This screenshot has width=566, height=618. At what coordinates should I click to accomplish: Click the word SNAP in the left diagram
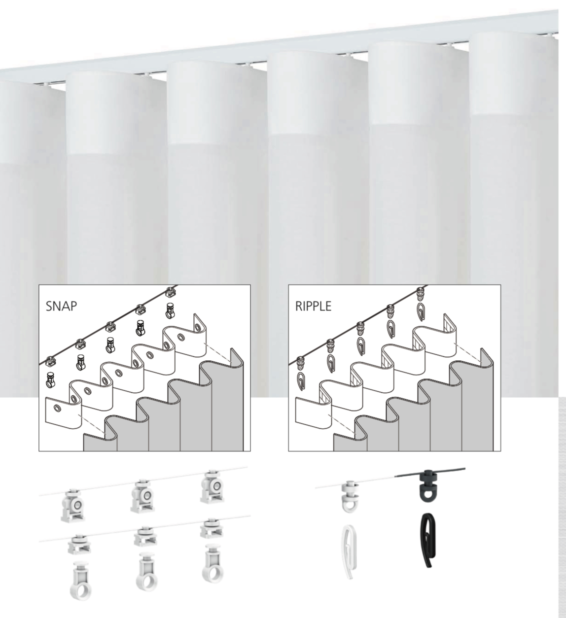(61, 306)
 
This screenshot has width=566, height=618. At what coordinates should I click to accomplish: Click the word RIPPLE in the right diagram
(313, 306)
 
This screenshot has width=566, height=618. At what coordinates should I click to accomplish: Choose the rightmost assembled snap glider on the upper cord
(212, 486)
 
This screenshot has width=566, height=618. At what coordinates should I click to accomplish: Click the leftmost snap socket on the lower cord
(79, 545)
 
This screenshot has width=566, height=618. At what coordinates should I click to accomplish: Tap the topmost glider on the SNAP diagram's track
(171, 292)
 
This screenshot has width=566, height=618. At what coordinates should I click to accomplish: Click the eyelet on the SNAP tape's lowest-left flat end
(57, 408)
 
